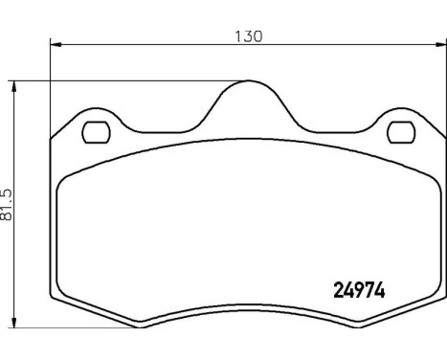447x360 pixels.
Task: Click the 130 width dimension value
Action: point(248,36)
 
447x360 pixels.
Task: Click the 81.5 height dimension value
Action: point(8,204)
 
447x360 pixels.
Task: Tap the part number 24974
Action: point(357,287)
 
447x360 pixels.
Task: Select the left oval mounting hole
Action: point(96,131)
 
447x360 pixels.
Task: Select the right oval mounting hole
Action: point(398,131)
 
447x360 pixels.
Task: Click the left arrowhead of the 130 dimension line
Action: point(56,44)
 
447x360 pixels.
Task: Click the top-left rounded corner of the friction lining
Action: point(65,184)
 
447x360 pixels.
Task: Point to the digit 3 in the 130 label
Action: point(248,36)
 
